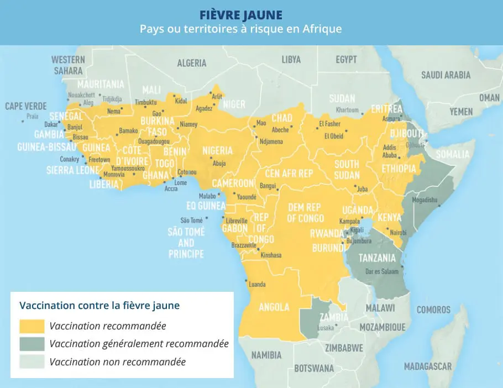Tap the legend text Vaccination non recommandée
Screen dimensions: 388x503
[117, 363]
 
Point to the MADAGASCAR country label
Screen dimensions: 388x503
[427, 366]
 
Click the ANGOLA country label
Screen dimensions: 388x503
[274, 307]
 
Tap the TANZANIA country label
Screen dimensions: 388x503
[377, 258]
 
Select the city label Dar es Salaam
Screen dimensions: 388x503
[381, 271]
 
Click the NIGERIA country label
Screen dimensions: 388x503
[217, 150]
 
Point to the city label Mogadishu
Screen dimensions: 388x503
[424, 200]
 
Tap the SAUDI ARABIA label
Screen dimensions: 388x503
[446, 75]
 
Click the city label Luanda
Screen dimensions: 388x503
[258, 285]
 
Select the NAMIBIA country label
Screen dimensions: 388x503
[266, 355]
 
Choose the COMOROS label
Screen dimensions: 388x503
[433, 310]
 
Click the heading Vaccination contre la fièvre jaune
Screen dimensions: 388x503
[99, 305]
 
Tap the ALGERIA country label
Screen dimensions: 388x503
[191, 63]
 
